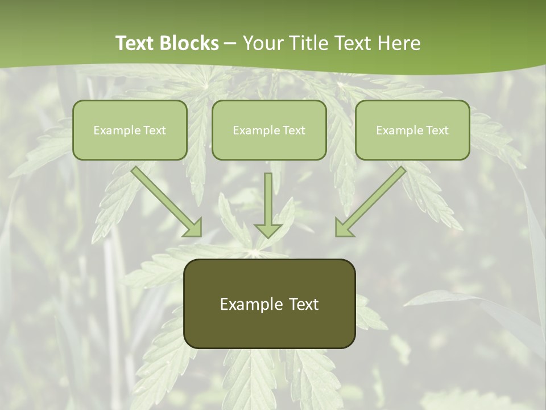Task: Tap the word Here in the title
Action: click(399, 43)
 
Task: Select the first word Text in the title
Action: click(137, 43)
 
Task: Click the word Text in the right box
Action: click(437, 130)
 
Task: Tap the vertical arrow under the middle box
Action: click(268, 202)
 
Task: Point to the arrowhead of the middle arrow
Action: click(268, 230)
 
